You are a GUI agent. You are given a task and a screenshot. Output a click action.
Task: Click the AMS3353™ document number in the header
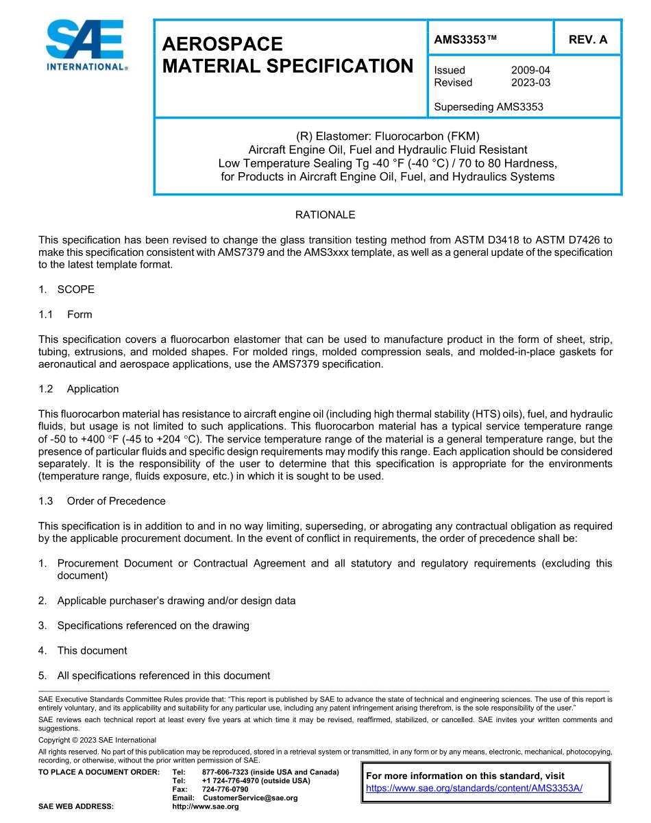click(x=465, y=40)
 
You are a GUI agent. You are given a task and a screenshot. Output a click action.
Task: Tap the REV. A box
click(x=587, y=40)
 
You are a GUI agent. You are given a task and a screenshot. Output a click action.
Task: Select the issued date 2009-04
click(x=530, y=70)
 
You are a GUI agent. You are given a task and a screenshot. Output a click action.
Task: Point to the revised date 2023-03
click(x=530, y=82)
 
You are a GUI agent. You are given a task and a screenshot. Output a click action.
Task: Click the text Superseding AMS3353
click(x=489, y=107)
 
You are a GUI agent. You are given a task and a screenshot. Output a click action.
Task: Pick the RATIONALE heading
click(x=325, y=215)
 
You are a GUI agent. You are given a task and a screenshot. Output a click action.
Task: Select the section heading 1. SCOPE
click(x=66, y=289)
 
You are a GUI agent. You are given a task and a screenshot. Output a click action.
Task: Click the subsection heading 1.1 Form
click(x=66, y=314)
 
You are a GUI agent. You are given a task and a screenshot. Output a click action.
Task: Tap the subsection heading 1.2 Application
click(x=79, y=389)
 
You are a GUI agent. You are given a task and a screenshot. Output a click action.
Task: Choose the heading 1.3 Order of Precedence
click(x=102, y=501)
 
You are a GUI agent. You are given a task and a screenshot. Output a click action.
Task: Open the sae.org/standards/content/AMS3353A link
click(x=474, y=788)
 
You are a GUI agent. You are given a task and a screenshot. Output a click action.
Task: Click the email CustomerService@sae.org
click(x=249, y=798)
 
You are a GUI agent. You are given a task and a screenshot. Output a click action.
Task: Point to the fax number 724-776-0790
click(x=225, y=789)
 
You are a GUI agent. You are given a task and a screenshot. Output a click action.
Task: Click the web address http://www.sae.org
click(x=206, y=807)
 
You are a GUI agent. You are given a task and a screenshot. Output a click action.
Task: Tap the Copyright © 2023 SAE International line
click(x=97, y=740)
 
